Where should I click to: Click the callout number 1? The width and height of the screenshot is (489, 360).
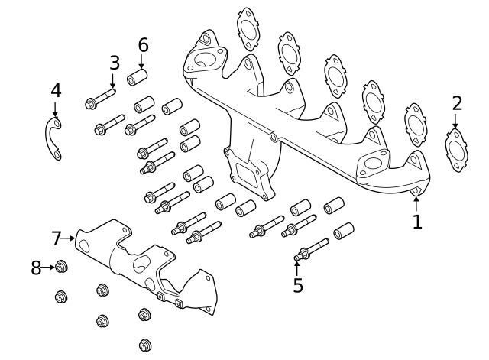point(416,222)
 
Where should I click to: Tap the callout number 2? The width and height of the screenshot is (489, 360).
point(457,103)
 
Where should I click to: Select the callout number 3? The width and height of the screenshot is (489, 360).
point(114,63)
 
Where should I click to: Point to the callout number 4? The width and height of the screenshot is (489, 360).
point(55,91)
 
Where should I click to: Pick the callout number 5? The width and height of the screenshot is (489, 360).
point(298,285)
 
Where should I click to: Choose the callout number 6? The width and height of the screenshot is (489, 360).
point(143,45)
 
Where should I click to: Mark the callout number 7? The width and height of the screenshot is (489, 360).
point(56,238)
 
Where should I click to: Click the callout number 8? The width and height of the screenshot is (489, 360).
point(36,268)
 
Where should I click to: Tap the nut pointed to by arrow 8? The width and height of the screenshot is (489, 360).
point(63,268)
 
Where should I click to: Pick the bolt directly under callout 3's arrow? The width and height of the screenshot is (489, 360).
point(100,99)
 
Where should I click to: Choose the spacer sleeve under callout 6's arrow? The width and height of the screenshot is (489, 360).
point(138,78)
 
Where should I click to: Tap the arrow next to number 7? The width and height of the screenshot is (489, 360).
point(71,238)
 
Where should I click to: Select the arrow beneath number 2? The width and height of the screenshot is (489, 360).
point(457,121)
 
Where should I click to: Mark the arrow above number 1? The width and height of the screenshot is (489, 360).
point(416,203)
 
